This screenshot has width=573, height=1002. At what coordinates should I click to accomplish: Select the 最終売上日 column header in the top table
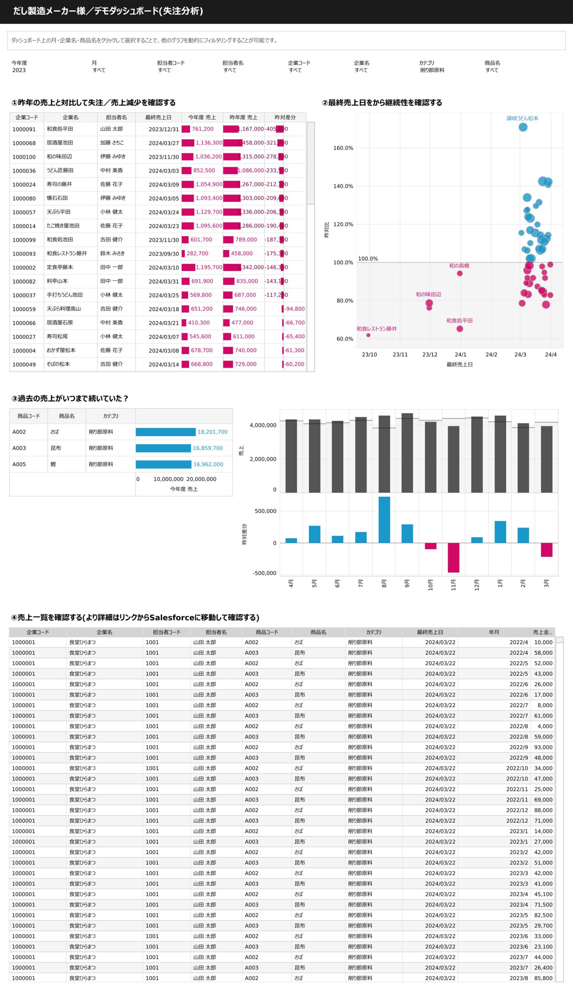[x=158, y=117]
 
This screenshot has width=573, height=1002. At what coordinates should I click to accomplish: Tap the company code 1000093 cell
[x=24, y=254]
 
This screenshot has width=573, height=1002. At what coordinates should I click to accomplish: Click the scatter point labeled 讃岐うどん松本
[x=522, y=127]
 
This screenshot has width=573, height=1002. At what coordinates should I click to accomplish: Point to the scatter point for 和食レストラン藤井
[x=368, y=335]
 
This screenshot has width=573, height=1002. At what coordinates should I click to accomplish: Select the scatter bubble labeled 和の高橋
[x=460, y=273]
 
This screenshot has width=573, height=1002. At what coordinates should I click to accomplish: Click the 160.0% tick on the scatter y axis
[x=343, y=148]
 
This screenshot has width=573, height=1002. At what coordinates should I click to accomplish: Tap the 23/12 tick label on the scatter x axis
[x=430, y=354]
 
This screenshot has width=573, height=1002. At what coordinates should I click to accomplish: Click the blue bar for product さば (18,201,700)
[x=165, y=432]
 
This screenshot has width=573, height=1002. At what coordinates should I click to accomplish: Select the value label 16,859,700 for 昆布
[x=208, y=448]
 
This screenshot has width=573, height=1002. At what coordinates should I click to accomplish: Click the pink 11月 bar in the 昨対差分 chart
[x=454, y=558]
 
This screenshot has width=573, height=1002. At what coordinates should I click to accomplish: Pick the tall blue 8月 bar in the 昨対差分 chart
[x=384, y=519]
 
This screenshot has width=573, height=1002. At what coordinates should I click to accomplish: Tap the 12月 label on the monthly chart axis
[x=477, y=584]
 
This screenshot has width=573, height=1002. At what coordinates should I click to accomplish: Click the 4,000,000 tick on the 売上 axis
[x=263, y=425]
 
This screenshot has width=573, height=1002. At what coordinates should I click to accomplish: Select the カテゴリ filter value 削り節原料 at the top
[x=432, y=70]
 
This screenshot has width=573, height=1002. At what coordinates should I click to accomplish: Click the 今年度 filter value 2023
[x=19, y=70]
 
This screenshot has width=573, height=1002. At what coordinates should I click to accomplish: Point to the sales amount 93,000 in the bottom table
[x=543, y=747]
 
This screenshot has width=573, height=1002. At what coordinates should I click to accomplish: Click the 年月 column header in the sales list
[x=494, y=632]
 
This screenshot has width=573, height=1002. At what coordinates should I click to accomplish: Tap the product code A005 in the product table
[x=19, y=464]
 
